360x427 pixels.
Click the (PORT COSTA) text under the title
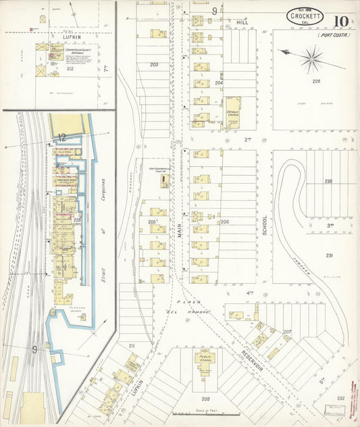click(x=334, y=34)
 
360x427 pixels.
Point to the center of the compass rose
click(x=311, y=59)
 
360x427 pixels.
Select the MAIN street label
click(x=180, y=222)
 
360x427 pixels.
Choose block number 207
click(x=286, y=332)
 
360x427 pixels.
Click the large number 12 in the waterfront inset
click(x=61, y=137)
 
